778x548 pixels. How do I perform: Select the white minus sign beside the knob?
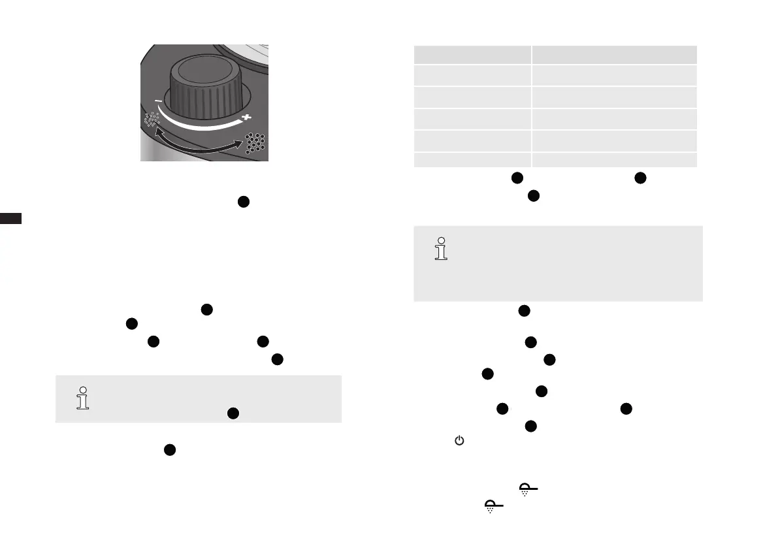(158, 101)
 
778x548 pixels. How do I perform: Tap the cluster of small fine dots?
(152, 120)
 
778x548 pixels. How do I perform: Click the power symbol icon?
(459, 442)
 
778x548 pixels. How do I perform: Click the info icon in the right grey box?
(442, 249)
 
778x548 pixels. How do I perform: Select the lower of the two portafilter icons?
(493, 506)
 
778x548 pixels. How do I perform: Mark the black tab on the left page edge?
(10, 218)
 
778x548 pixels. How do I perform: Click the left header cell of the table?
(472, 54)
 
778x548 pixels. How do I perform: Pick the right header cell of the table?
(614, 54)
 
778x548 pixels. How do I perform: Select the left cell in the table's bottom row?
(472, 160)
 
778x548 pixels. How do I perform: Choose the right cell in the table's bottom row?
(614, 160)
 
